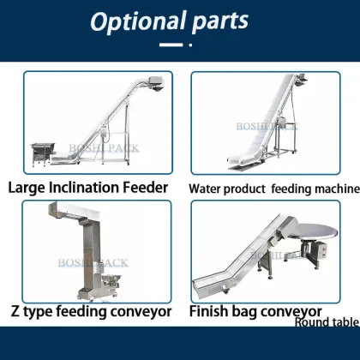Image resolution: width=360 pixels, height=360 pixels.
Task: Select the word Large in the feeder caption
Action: [x=29, y=186]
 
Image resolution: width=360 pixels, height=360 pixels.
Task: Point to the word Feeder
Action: [x=149, y=186]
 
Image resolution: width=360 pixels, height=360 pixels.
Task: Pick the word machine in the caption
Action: [x=329, y=187]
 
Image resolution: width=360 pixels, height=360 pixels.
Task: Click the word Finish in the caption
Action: [x=211, y=309]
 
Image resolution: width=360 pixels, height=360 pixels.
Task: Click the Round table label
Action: [x=326, y=322]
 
